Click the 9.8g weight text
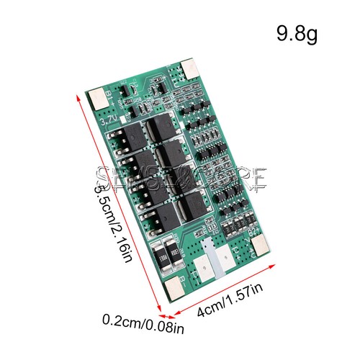pyautogui.click(x=297, y=34)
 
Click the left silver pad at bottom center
pyautogui.click(x=207, y=263)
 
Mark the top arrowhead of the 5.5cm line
pyautogui.click(x=77, y=94)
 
